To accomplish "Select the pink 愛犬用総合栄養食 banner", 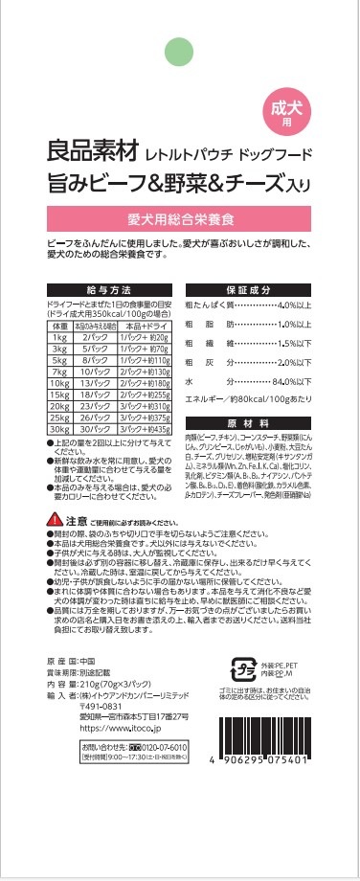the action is [180, 213].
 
